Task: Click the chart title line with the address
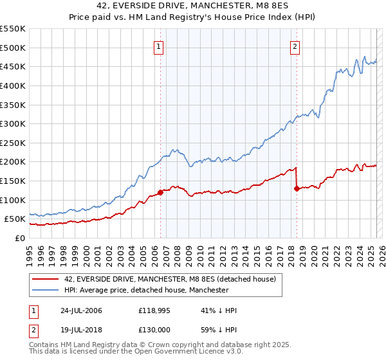[192, 8]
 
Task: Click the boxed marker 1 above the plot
[159, 46]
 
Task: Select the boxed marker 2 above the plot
[295, 46]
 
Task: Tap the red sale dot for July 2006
[160, 193]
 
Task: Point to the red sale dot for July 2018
[297, 188]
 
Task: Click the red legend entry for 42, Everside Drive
[170, 279]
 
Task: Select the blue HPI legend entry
[147, 291]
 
